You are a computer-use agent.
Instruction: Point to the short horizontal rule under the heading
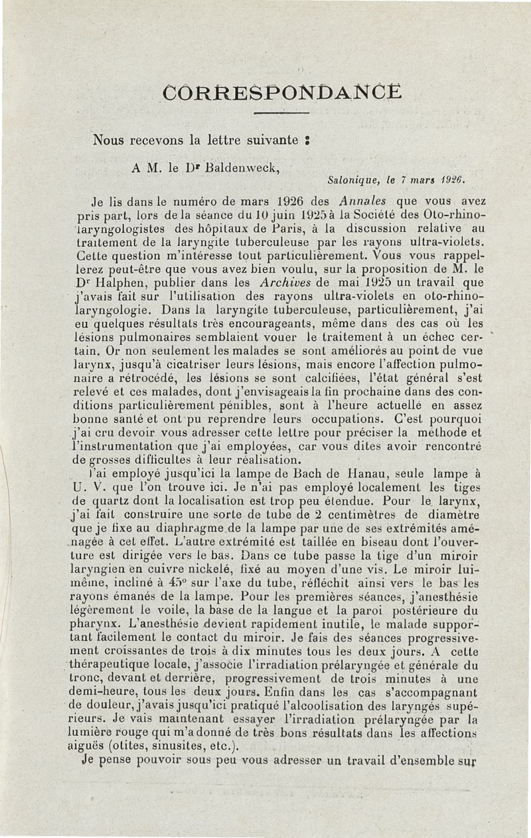point(282,115)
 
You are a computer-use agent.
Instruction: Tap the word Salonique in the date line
point(355,179)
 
